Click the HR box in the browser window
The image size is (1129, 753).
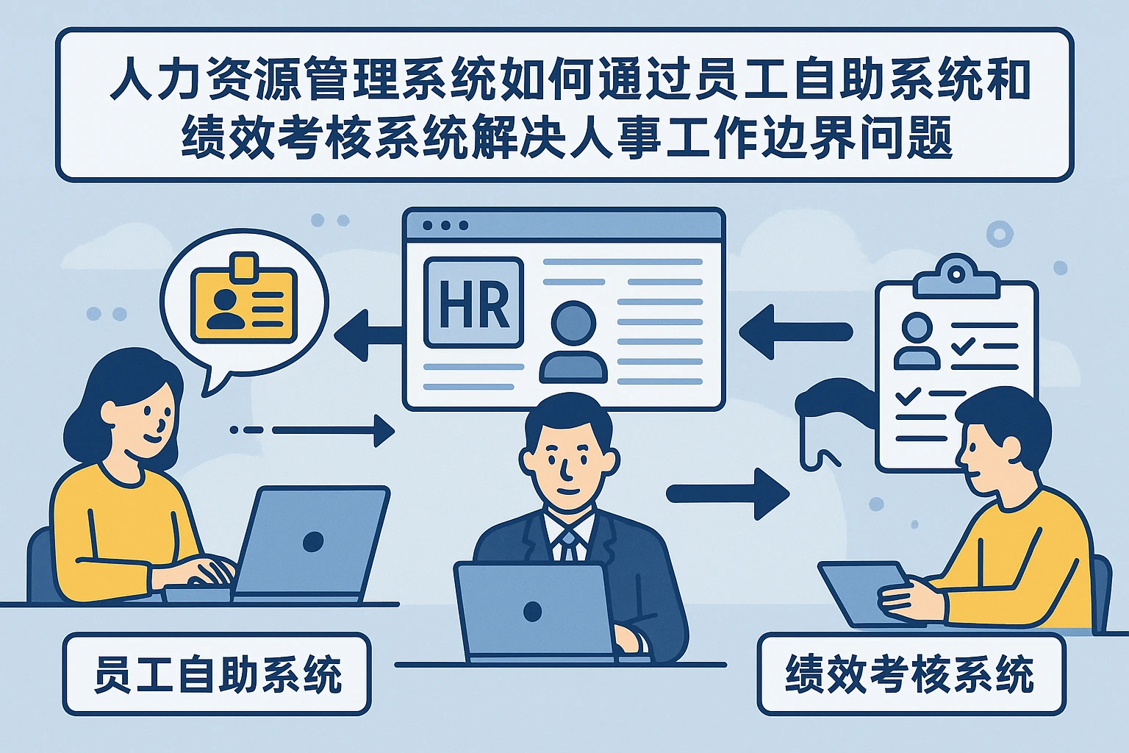tap(474, 302)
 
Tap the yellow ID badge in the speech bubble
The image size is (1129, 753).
tap(243, 301)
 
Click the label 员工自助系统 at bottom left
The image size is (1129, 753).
tap(217, 674)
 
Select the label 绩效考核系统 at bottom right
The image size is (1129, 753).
tap(911, 674)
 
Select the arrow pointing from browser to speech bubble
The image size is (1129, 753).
tap(368, 335)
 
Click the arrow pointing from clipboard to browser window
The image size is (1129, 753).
tap(794, 332)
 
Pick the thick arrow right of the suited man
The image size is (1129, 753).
tap(728, 493)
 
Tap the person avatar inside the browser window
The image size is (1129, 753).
tap(573, 343)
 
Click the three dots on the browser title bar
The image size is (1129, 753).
tap(445, 226)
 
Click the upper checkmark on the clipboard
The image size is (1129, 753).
tap(963, 344)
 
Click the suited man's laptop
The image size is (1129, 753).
tap(533, 610)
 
